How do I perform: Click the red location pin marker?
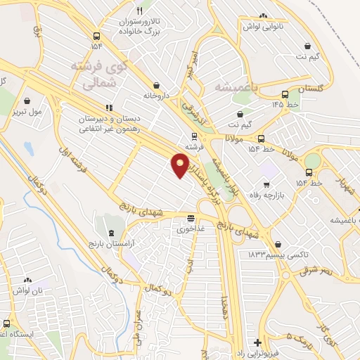pos(181,165)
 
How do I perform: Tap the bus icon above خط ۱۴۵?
pos(285,94)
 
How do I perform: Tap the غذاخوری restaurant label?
pos(191,229)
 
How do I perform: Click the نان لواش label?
pos(31,290)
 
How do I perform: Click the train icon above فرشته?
pos(193,136)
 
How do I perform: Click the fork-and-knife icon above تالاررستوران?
pos(139,11)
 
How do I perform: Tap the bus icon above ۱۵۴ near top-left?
pos(96,36)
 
